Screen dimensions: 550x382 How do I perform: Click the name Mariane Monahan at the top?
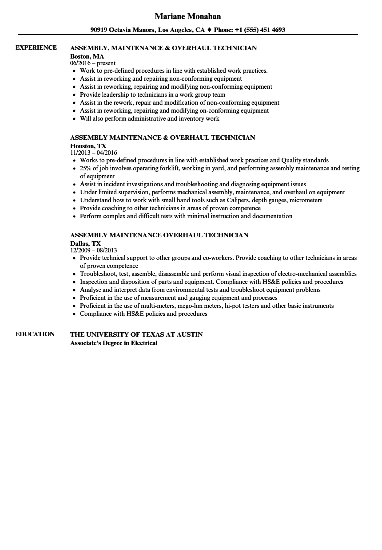187,16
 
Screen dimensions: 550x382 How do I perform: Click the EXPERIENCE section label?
36,47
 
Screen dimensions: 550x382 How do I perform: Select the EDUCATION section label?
35,334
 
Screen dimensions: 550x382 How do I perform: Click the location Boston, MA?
87,56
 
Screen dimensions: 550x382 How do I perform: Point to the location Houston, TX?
88,146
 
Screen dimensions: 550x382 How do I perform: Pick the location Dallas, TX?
85,244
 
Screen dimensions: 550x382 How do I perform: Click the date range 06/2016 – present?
93,63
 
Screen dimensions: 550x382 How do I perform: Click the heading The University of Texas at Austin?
136,334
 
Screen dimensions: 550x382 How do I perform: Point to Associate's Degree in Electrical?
114,343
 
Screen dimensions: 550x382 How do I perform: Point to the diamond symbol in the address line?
209,30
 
